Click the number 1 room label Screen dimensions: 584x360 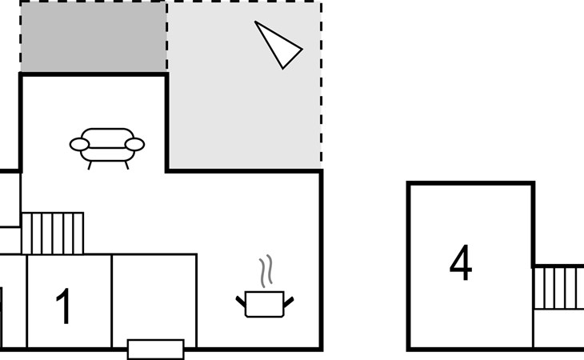click(x=64, y=306)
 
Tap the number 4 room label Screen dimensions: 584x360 click(x=461, y=262)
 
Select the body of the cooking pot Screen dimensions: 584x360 click(x=265, y=304)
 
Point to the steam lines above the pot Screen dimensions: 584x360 click(x=266, y=271)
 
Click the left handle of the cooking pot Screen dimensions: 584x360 click(x=241, y=302)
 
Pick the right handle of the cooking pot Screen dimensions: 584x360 click(x=289, y=302)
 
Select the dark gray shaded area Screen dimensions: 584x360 click(x=93, y=37)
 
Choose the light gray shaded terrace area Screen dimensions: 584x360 click(x=244, y=86)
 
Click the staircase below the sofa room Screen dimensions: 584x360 click(x=53, y=234)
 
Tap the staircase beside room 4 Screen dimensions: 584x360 click(x=558, y=287)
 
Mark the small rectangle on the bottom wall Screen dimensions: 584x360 click(x=156, y=350)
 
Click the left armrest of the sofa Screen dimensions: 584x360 click(x=79, y=145)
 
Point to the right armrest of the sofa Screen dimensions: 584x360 click(x=134, y=145)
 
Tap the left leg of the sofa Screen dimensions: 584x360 click(x=90, y=166)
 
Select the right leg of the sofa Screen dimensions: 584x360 click(x=126, y=166)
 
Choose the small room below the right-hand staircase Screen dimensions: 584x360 click(x=558, y=329)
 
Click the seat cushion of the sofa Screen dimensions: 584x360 click(x=107, y=154)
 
